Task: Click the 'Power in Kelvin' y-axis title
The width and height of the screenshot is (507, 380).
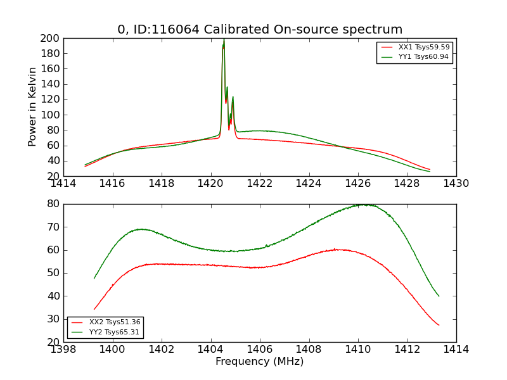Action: (32, 107)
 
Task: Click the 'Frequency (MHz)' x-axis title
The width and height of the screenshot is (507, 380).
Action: (259, 362)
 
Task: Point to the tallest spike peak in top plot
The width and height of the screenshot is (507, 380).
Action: (224, 39)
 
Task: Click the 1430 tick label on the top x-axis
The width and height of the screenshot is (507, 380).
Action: (456, 184)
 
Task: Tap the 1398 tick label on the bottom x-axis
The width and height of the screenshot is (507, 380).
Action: (63, 349)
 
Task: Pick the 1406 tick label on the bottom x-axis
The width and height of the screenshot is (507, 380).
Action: (260, 349)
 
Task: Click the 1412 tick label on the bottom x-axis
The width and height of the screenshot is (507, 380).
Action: (407, 349)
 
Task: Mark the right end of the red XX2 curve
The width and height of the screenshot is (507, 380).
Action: (439, 325)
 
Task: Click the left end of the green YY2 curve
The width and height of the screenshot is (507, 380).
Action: (94, 278)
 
